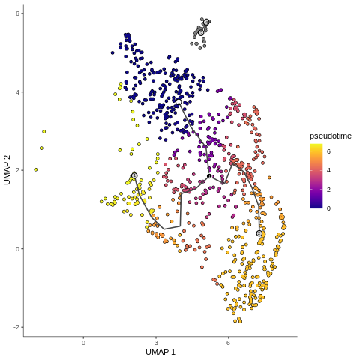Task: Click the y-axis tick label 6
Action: [x=18, y=13]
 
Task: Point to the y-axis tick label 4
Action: [x=18, y=92]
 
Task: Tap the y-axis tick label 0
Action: [x=18, y=249]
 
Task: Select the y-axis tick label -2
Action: [x=16, y=327]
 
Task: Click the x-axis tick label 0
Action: [x=83, y=343]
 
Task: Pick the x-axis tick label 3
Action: [x=156, y=343]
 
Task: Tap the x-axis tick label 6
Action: [x=228, y=343]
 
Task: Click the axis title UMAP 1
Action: [x=160, y=352]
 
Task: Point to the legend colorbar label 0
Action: [x=329, y=208]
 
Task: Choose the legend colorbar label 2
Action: [x=329, y=189]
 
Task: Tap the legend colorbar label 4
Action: [x=329, y=170]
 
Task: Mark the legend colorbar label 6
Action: [x=329, y=151]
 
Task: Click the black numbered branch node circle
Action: [x=209, y=176]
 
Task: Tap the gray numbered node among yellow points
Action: [x=134, y=175]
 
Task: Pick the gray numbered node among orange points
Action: [x=259, y=233]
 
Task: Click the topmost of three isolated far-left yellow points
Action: [x=44, y=131]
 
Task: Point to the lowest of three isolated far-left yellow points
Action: [x=35, y=169]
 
